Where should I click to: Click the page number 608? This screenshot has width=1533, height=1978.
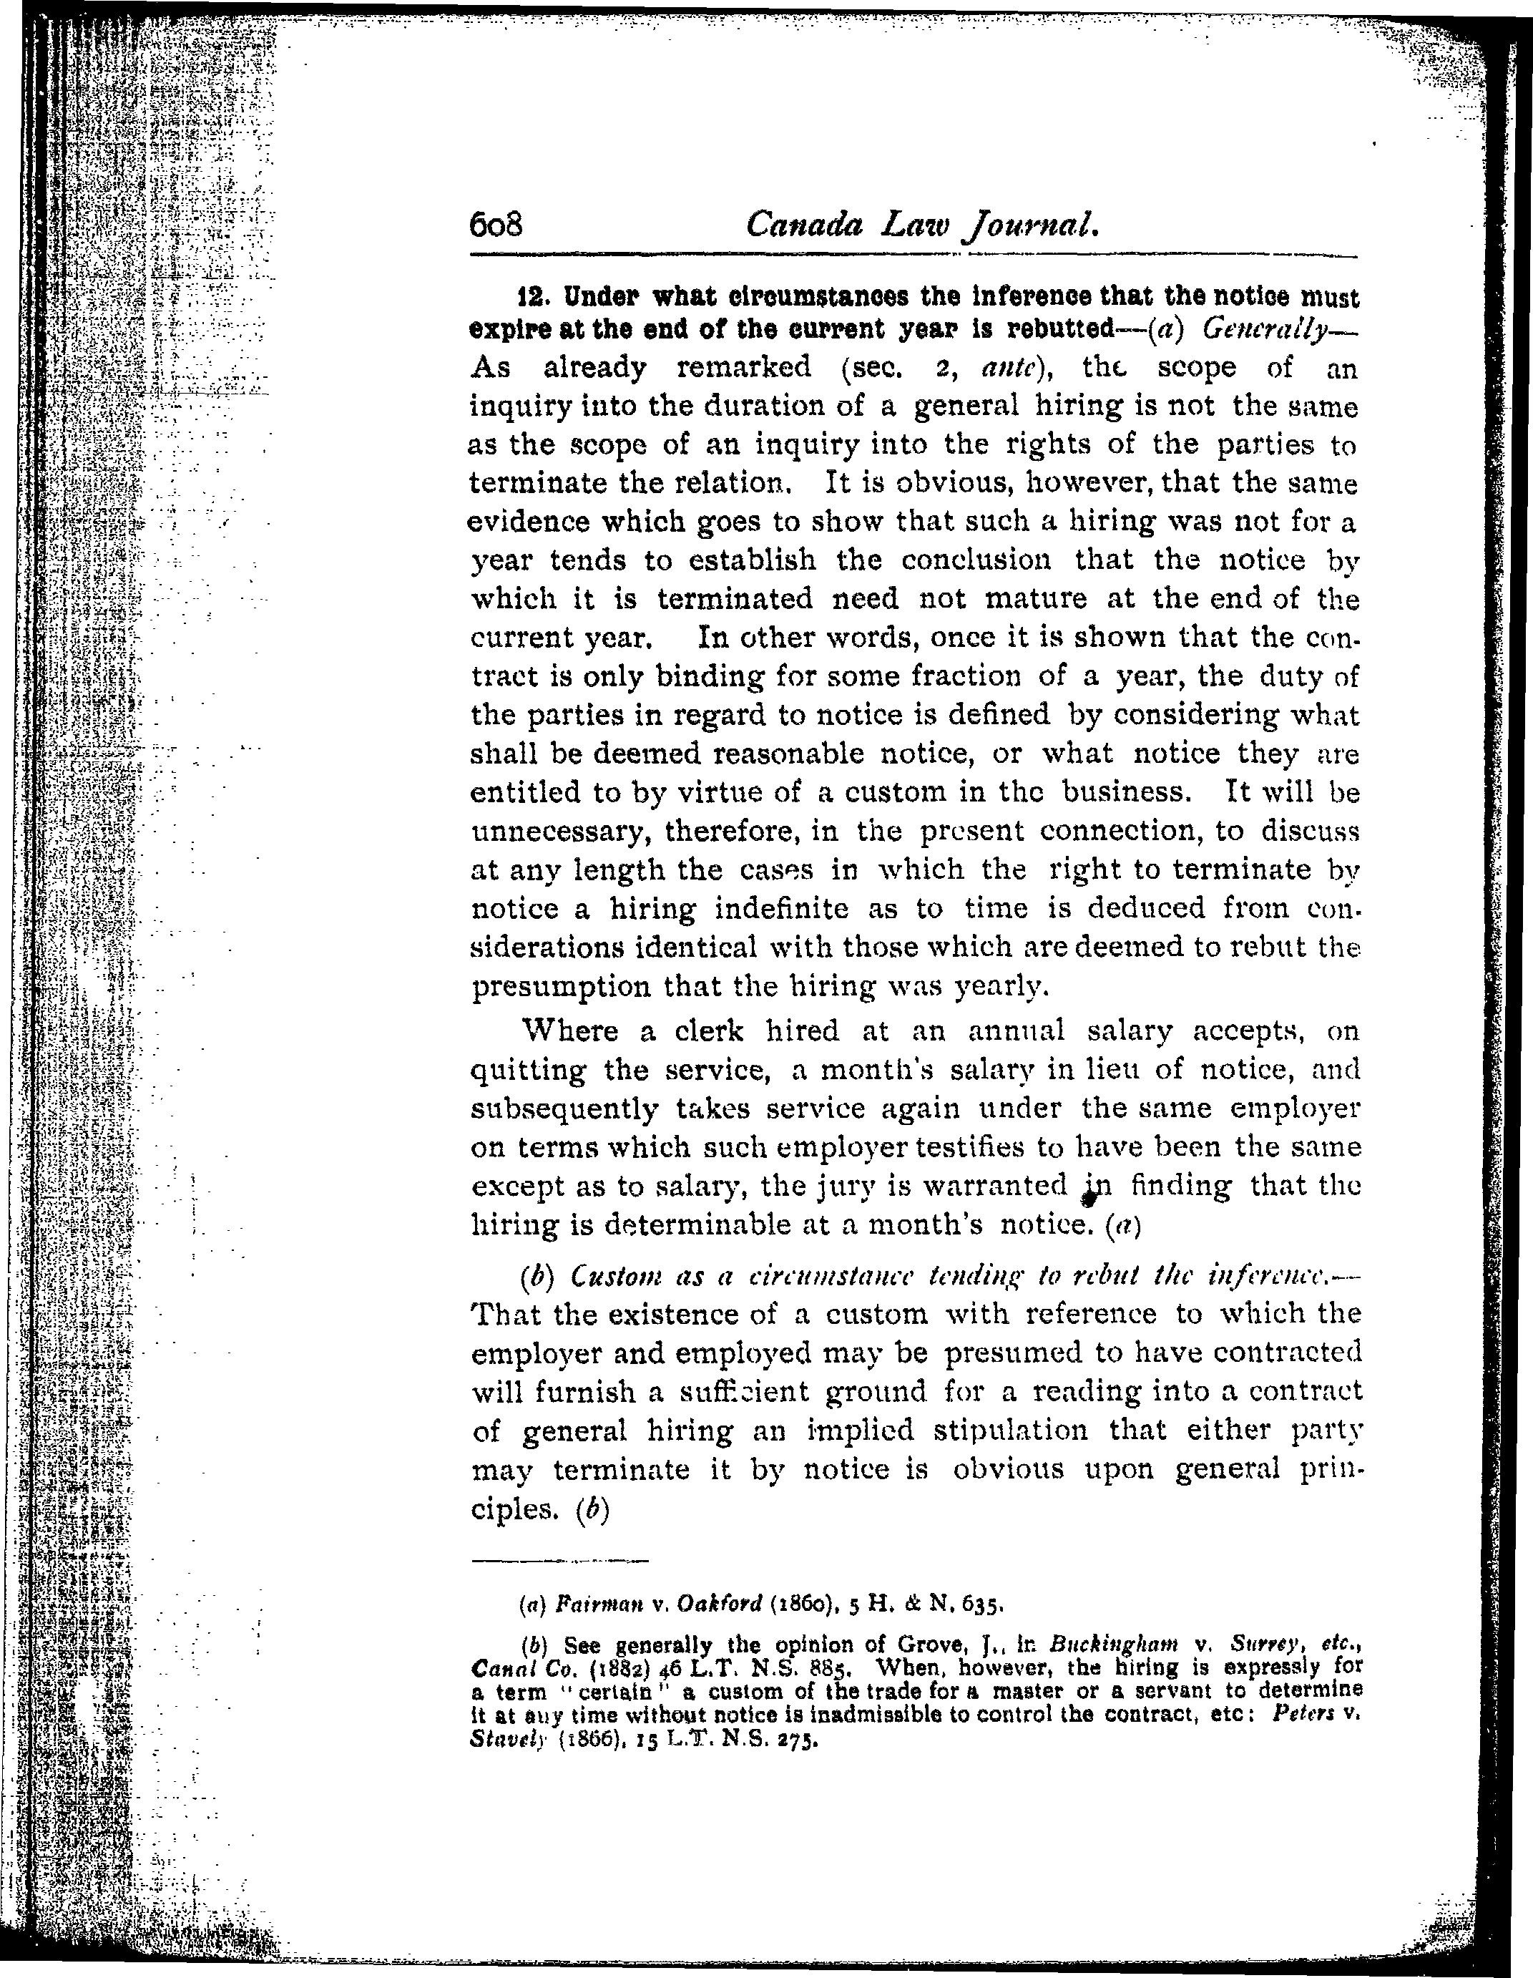497,225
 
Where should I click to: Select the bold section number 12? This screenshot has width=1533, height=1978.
532,296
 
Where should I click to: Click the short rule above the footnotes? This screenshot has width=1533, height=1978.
561,1562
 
